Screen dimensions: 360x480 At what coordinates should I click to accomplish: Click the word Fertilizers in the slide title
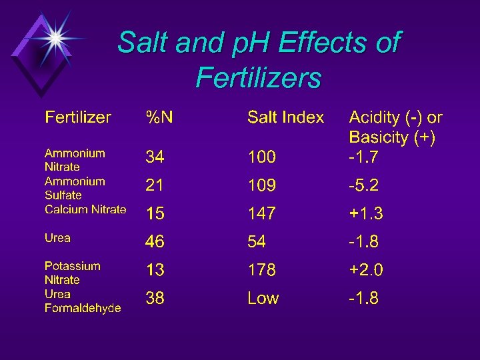click(259, 79)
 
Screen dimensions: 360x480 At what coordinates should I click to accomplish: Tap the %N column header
click(160, 118)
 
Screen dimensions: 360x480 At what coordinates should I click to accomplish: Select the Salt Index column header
click(285, 118)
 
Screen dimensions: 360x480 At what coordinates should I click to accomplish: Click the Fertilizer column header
click(78, 118)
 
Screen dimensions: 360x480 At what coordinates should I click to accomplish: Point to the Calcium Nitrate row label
click(85, 209)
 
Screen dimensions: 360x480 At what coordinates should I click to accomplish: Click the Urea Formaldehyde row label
click(83, 301)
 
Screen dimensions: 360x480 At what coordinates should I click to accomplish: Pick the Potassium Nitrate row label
click(73, 273)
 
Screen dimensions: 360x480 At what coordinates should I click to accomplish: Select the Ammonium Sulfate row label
click(75, 188)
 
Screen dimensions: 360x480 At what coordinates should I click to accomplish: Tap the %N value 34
click(155, 157)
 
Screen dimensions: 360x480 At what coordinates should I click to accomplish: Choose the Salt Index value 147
click(261, 214)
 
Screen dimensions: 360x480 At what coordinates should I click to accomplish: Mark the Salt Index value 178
click(261, 270)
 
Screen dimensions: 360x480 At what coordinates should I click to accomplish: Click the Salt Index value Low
click(263, 298)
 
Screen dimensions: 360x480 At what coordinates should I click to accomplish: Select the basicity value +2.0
click(366, 270)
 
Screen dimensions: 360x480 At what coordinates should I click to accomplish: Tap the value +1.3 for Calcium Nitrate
click(366, 214)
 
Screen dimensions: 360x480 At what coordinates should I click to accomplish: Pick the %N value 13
click(155, 270)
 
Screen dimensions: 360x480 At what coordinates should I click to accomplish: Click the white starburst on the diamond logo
click(55, 38)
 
